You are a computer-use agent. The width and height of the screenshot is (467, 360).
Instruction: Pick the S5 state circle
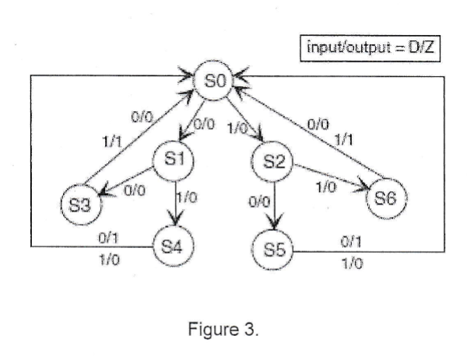point(275,252)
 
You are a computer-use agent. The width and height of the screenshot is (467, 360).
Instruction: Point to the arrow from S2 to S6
point(327,179)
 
